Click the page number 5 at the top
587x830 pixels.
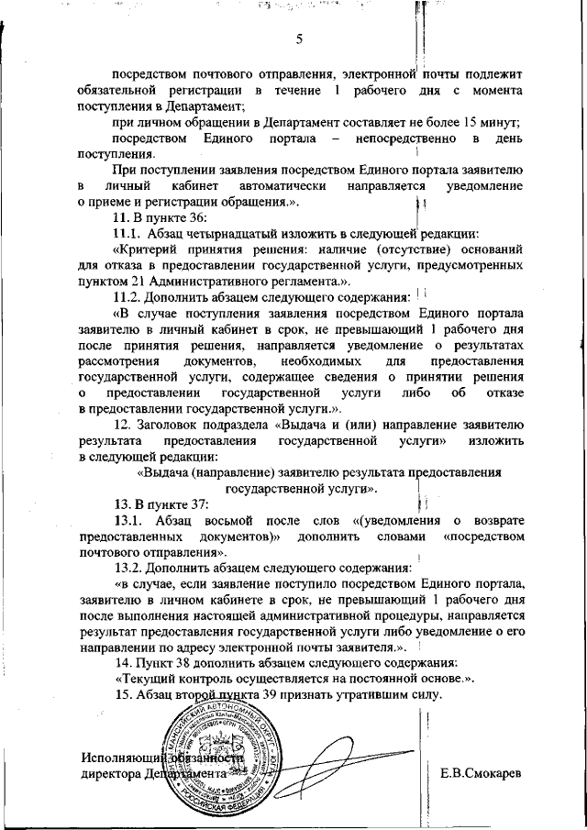[299, 39]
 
